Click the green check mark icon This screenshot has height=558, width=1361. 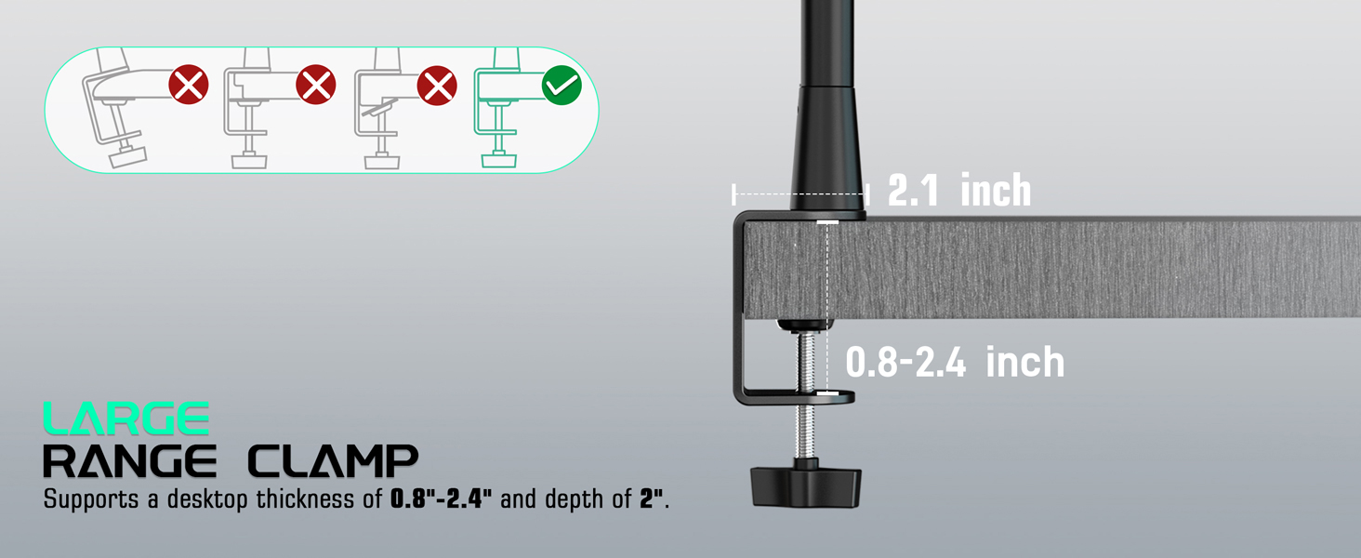[x=562, y=86]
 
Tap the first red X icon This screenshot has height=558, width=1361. [x=189, y=86]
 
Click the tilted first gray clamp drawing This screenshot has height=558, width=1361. [x=116, y=112]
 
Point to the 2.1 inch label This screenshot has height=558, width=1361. [x=959, y=191]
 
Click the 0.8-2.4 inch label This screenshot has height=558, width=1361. [x=955, y=362]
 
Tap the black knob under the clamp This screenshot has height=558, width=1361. [x=805, y=484]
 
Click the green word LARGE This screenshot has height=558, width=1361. [x=126, y=418]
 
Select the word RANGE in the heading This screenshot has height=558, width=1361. [x=130, y=461]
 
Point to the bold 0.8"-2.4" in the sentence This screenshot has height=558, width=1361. [x=441, y=498]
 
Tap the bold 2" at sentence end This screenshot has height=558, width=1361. [x=651, y=498]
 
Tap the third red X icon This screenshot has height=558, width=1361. [x=437, y=86]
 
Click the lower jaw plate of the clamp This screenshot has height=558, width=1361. [x=799, y=397]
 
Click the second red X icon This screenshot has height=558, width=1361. [x=315, y=86]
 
